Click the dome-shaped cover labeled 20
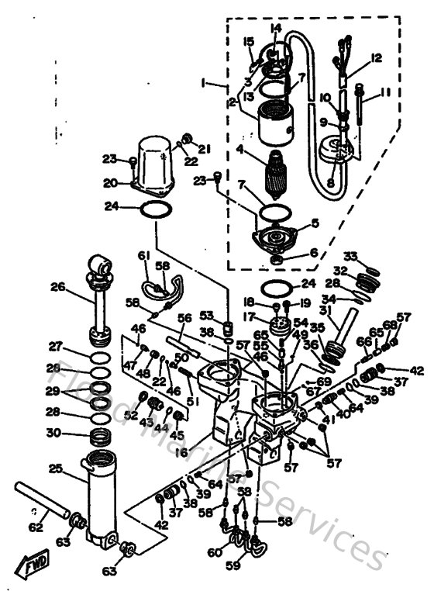pos(157,162)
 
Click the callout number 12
pos(377,58)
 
